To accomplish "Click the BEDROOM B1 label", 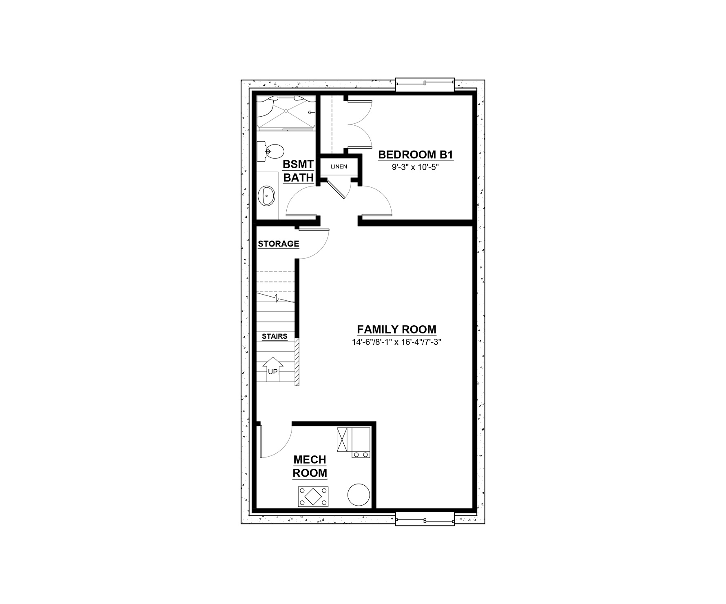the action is coord(416,155).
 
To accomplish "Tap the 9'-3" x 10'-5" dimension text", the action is coord(416,167).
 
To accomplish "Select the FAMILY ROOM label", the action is coord(396,329).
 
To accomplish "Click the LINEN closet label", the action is coord(339,167).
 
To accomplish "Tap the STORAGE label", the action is coord(279,244).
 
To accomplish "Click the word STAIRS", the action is coord(274,337).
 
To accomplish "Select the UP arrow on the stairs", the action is coord(272,369).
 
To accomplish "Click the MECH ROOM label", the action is coord(310,466).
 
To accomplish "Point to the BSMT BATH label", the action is coord(299,171).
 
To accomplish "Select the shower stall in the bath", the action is coord(286,113).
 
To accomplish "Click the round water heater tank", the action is coord(359,495).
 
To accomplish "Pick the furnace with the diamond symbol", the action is coord(313,497).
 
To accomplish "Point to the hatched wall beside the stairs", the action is coord(297,362).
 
